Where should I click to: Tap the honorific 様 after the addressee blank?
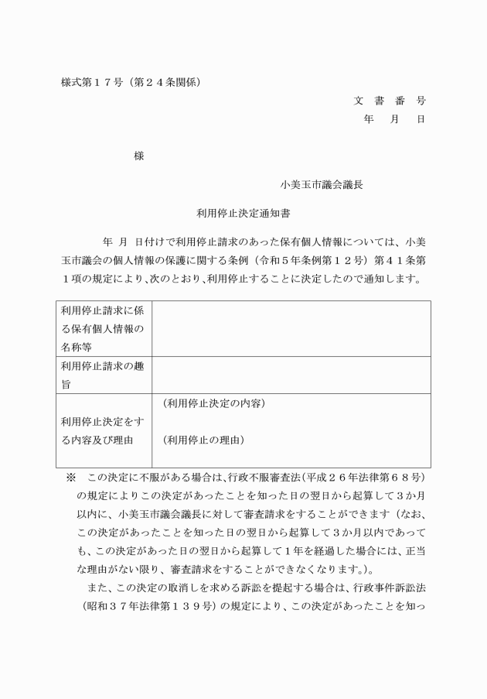(x=138, y=156)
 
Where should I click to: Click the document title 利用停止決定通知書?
(x=243, y=211)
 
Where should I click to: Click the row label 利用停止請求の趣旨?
(x=101, y=372)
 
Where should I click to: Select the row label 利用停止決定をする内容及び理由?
(x=101, y=430)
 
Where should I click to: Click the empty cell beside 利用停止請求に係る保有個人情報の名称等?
(x=291, y=328)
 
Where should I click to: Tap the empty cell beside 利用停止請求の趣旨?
(x=291, y=375)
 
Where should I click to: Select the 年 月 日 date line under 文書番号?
(x=393, y=119)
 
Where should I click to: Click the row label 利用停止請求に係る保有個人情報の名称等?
(x=101, y=328)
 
